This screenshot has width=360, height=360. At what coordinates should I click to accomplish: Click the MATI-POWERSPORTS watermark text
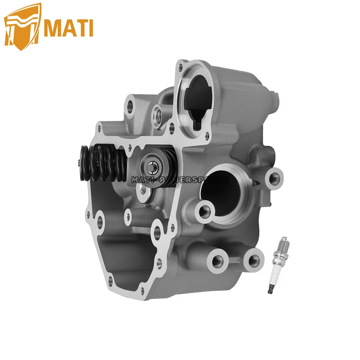(180, 180)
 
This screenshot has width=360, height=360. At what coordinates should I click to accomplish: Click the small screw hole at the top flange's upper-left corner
(180, 67)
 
